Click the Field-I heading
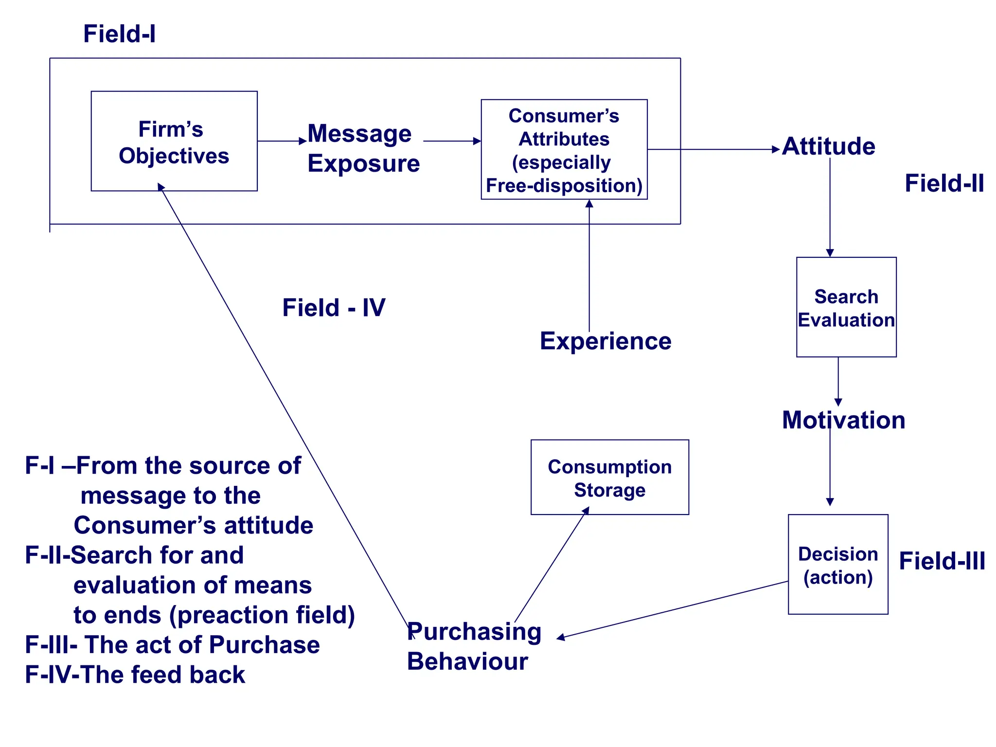click(119, 34)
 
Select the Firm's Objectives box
click(174, 142)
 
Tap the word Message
click(359, 133)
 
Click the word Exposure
click(363, 163)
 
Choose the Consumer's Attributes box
click(564, 150)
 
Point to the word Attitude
click(829, 146)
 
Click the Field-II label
click(944, 183)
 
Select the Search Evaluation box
click(846, 307)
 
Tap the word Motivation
click(844, 420)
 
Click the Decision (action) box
click(838, 565)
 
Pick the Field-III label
click(942, 561)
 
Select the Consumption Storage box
click(610, 478)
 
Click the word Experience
click(605, 341)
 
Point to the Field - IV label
click(334, 308)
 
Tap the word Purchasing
click(474, 632)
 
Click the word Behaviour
click(467, 662)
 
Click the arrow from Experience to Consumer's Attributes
click(589, 267)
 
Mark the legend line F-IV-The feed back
click(135, 675)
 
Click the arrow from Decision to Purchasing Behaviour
click(671, 610)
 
